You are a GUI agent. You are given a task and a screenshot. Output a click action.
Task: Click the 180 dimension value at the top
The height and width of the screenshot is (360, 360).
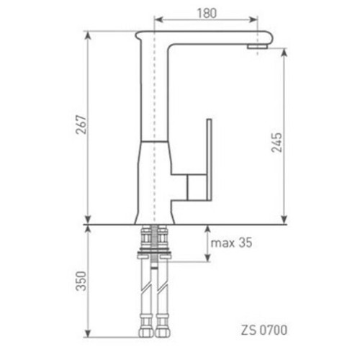(x=207, y=12)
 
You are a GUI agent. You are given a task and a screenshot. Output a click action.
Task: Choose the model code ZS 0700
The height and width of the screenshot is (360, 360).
(x=264, y=330)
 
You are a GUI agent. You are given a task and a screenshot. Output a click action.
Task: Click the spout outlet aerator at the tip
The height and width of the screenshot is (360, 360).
(x=256, y=46)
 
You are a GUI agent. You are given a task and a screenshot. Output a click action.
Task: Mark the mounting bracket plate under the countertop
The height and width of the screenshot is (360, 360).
(x=153, y=253)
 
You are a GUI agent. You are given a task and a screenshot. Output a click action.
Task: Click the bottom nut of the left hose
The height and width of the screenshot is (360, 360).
(x=144, y=331)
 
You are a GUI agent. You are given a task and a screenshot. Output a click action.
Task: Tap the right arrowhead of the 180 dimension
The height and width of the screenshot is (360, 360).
(x=255, y=20)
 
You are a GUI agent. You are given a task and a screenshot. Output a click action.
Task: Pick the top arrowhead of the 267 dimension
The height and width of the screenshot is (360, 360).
(x=88, y=33)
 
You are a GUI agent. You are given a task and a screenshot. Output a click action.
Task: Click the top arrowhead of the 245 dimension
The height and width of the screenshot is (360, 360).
(x=284, y=50)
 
